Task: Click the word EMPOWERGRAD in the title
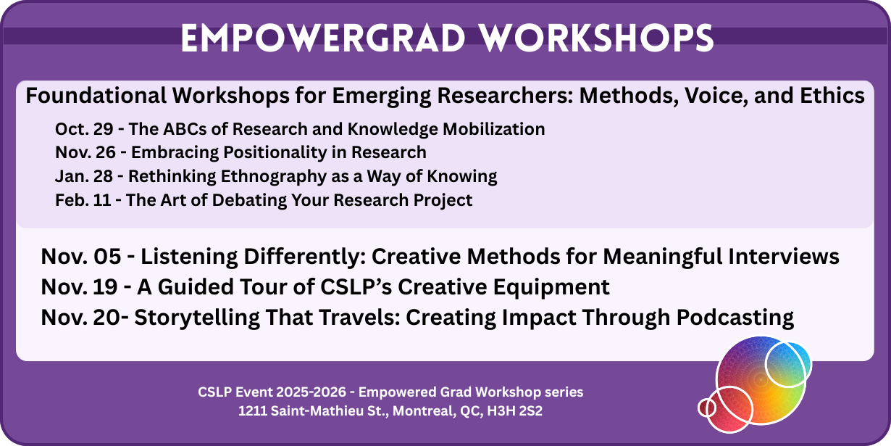323,38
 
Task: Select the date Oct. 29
84,129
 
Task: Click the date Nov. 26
85,152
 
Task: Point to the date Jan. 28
84,176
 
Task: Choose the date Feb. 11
83,200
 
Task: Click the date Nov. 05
80,256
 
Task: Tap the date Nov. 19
79,286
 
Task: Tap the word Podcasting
735,318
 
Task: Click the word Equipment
551,287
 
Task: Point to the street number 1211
252,411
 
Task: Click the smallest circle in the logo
707,408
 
